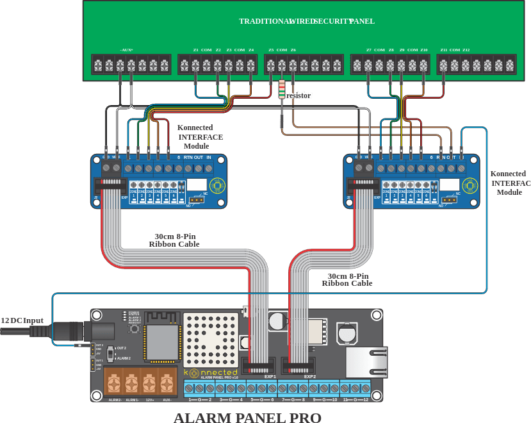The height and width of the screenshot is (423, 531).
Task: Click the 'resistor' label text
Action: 298,95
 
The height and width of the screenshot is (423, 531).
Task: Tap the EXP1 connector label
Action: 270,377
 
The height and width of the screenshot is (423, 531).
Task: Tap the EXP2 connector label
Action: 310,377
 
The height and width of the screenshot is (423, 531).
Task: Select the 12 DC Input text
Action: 22,320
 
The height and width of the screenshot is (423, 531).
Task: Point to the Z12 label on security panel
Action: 466,50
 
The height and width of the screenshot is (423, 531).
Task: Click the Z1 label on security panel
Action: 195,50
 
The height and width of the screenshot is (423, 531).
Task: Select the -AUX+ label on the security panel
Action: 126,50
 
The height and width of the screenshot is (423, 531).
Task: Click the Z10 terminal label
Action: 423,50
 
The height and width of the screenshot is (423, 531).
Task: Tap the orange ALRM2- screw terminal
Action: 115,384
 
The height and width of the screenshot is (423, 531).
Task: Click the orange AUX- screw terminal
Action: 167,384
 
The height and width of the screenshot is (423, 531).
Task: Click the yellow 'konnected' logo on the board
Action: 211,372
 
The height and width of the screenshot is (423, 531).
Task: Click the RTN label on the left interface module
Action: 188,157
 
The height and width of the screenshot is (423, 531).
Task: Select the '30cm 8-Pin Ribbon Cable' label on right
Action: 346,280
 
